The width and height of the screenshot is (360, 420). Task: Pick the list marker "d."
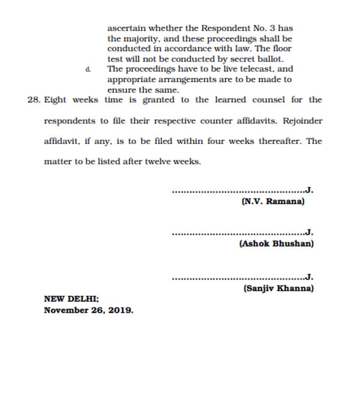coord(88,69)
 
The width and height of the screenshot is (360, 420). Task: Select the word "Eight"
coord(55,100)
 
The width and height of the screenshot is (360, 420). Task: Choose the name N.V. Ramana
coord(273,202)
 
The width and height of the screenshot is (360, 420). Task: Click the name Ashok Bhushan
coord(276,244)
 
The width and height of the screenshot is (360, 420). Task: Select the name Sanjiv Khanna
coord(278,288)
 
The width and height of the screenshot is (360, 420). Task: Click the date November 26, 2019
coord(89,311)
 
